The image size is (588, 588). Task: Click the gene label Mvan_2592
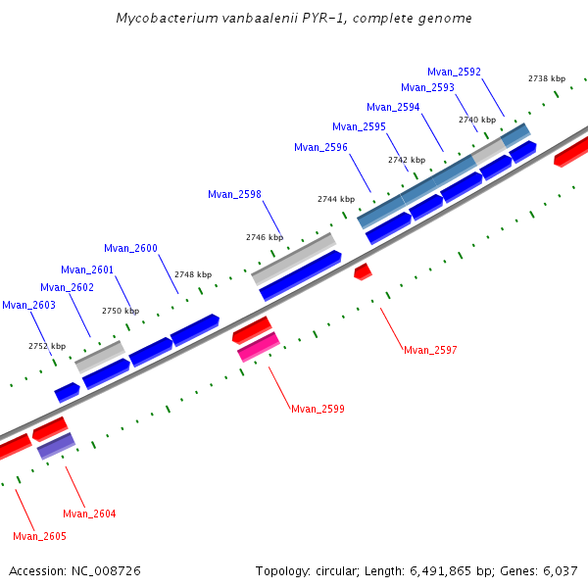(x=454, y=72)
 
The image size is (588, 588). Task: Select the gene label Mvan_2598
(x=234, y=194)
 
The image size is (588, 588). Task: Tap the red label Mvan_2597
(x=430, y=350)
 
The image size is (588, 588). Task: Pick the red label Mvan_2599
(x=318, y=409)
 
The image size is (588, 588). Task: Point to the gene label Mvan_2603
(x=28, y=306)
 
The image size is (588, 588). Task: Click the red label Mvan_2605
(x=39, y=536)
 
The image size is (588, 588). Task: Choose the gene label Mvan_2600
(x=130, y=249)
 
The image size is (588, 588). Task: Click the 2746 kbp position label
(x=264, y=237)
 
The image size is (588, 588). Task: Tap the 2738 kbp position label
(x=546, y=78)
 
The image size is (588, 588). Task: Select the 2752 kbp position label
(x=47, y=346)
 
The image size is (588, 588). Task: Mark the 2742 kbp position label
(x=406, y=160)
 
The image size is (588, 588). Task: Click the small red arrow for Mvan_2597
(x=363, y=269)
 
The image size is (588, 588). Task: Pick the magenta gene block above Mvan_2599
(x=259, y=347)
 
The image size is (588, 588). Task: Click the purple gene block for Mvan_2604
(x=56, y=446)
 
